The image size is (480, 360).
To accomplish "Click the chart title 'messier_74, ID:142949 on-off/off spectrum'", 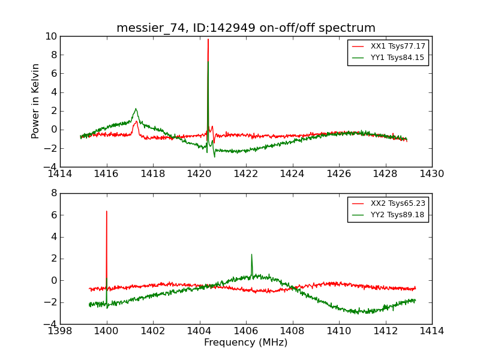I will pos(246,28).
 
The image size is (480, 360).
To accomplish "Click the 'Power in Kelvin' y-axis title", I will pos(36,101).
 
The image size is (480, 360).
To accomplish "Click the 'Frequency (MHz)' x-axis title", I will pos(246,343).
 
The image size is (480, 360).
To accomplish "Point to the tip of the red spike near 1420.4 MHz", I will pos(208,40).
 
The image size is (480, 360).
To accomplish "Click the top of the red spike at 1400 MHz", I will pos(107,211).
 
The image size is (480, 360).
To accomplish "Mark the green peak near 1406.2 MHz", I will pos(251,254).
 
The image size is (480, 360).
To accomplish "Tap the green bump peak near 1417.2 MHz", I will pos(136,109).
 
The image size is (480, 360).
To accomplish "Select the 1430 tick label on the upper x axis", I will pos(431,174).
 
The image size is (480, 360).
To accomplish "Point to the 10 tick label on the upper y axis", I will pos(50,37).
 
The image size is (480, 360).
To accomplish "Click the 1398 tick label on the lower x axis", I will pos(60,331).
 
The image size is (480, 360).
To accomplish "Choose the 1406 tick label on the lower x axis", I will pos(246,331).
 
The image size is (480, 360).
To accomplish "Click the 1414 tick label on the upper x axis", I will pos(60,174).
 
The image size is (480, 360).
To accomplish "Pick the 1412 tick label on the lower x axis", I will pos(385,331).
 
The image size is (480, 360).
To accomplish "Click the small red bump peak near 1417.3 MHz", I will pos(137,121).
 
